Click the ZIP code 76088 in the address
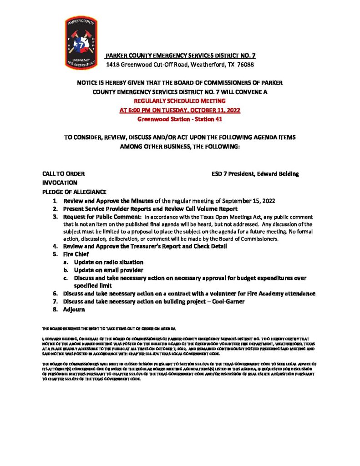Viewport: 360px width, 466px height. pyautogui.click(x=245, y=65)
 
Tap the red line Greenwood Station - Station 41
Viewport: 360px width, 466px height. pyautogui.click(x=180, y=119)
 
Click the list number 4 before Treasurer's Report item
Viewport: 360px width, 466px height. pyautogui.click(x=54, y=246)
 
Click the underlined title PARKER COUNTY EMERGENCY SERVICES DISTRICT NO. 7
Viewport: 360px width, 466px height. pyautogui.click(x=180, y=56)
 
